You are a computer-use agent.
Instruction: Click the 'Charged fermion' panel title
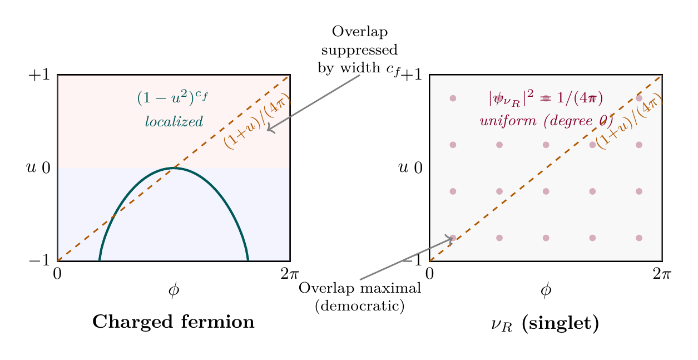pos(173,322)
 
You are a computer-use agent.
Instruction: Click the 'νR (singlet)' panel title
pos(545,324)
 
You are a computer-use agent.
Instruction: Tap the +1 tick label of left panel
pos(39,75)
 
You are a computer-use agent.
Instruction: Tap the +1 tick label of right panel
pos(413,75)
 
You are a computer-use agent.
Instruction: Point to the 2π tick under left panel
pos(290,274)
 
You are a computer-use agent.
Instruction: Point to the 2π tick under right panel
pos(662,274)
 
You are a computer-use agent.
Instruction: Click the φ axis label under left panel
pos(174,290)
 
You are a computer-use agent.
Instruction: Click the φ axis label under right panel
pos(546,290)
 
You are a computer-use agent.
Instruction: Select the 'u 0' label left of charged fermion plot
pos(38,167)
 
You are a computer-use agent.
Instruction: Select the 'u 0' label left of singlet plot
pos(411,167)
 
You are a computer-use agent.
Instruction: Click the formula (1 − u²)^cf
pos(172,98)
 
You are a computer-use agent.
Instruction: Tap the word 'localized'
pos(174,121)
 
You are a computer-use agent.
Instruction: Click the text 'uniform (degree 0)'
pos(546,121)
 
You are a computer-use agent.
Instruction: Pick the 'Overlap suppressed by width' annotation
pos(359,50)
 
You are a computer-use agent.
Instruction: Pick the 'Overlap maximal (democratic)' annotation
pos(359,297)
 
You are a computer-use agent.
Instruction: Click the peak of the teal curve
pos(174,167)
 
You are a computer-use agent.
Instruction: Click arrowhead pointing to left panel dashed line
pos(269,130)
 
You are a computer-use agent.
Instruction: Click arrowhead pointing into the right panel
pos(451,239)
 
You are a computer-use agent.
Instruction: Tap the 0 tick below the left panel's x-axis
pos(57,274)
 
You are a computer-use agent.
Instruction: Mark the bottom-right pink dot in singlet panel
pos(638,238)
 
